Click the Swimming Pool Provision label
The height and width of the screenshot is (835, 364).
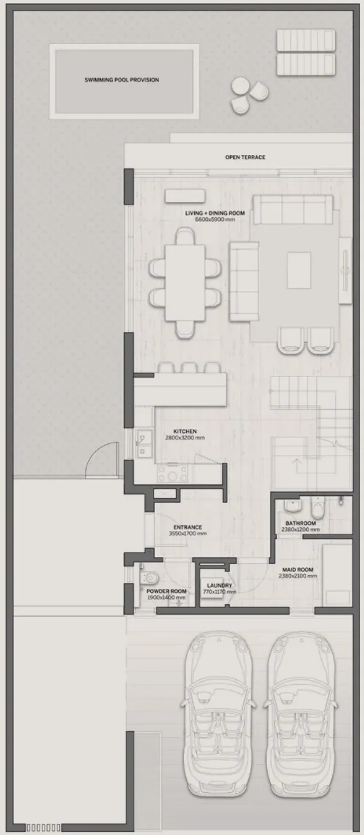(x=122, y=80)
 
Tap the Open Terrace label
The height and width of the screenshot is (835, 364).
(x=245, y=157)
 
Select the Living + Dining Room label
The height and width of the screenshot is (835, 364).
(x=215, y=213)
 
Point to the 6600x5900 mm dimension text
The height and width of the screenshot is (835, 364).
(x=215, y=220)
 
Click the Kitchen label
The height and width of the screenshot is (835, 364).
(x=185, y=431)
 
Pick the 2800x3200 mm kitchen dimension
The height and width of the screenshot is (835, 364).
(x=185, y=437)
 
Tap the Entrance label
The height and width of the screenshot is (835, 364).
(x=187, y=527)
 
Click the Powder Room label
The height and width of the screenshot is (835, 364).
(x=166, y=591)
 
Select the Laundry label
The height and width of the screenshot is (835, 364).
(x=219, y=586)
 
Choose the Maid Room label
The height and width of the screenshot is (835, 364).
(x=298, y=570)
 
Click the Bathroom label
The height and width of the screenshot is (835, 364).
(x=301, y=523)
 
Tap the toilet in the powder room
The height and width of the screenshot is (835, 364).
(x=149, y=578)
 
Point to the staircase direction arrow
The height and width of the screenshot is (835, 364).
(x=297, y=465)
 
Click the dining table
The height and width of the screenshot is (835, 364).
(x=185, y=282)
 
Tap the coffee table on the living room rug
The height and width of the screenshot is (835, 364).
(x=299, y=270)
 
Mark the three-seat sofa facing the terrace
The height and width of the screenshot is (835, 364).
(x=293, y=209)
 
